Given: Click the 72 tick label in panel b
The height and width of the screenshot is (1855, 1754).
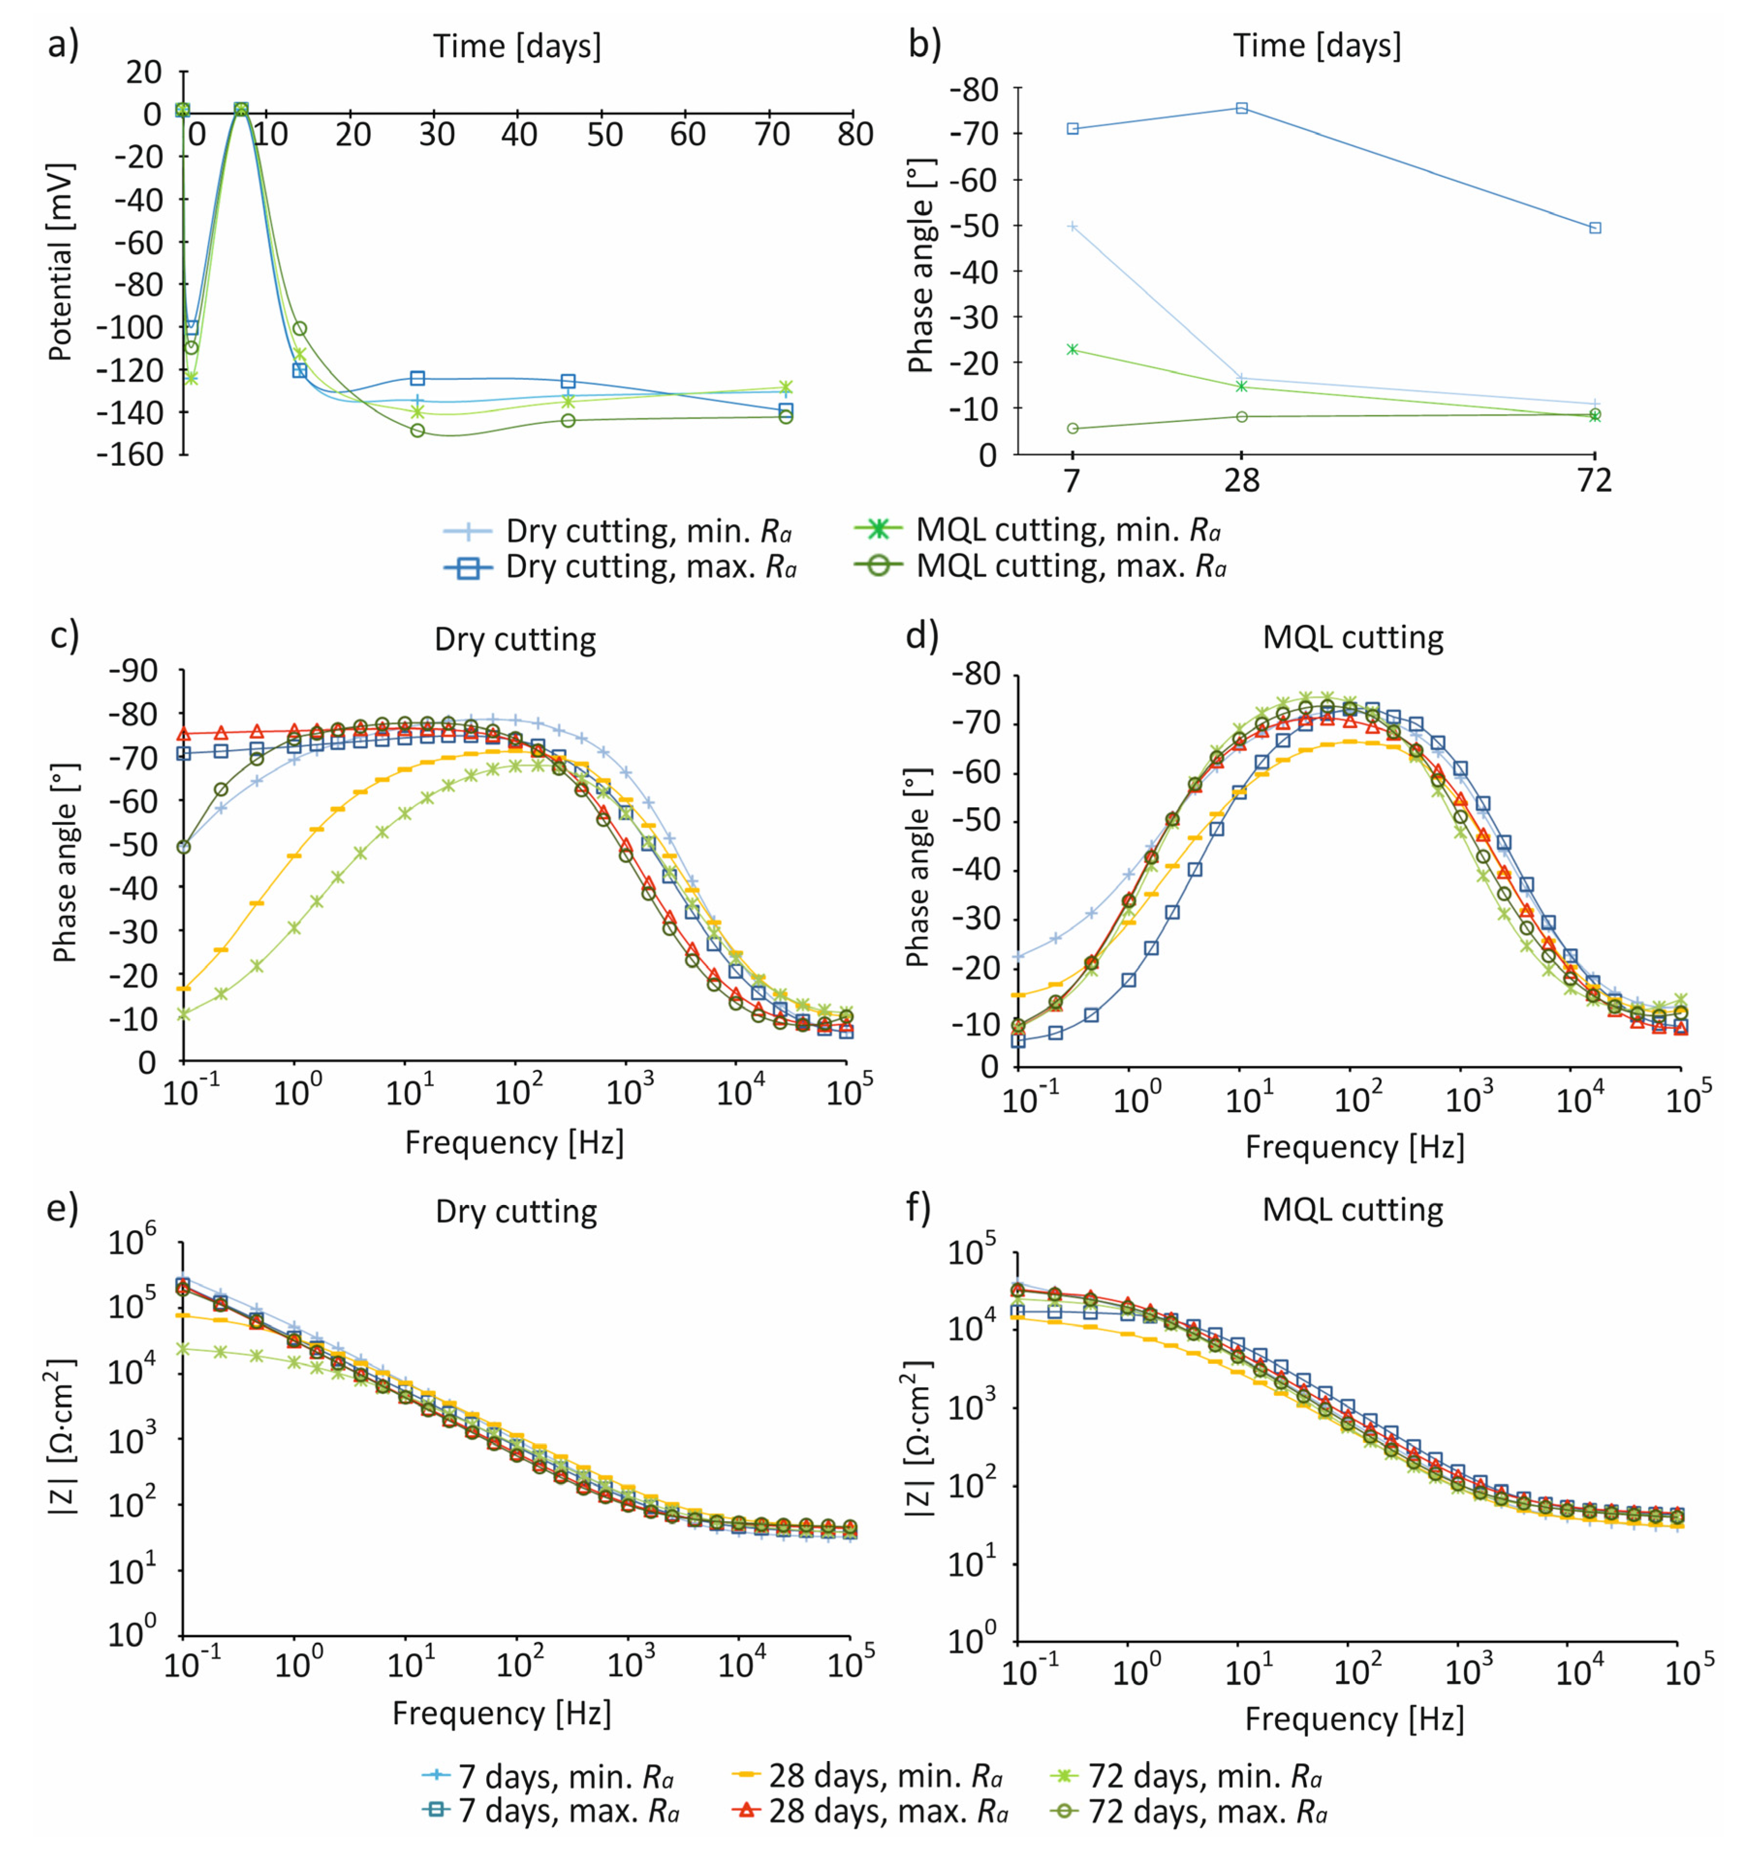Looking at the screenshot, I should (1594, 480).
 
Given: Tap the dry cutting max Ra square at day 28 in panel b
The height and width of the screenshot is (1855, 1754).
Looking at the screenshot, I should (1242, 108).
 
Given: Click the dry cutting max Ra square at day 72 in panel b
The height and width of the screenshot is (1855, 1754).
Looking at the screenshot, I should (1595, 228).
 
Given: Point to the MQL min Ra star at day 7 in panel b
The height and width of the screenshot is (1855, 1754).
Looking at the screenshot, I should (1073, 350).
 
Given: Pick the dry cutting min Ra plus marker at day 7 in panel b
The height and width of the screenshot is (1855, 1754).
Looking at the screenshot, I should (1073, 226).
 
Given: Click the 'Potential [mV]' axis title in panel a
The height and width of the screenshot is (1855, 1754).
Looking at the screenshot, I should (61, 263).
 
